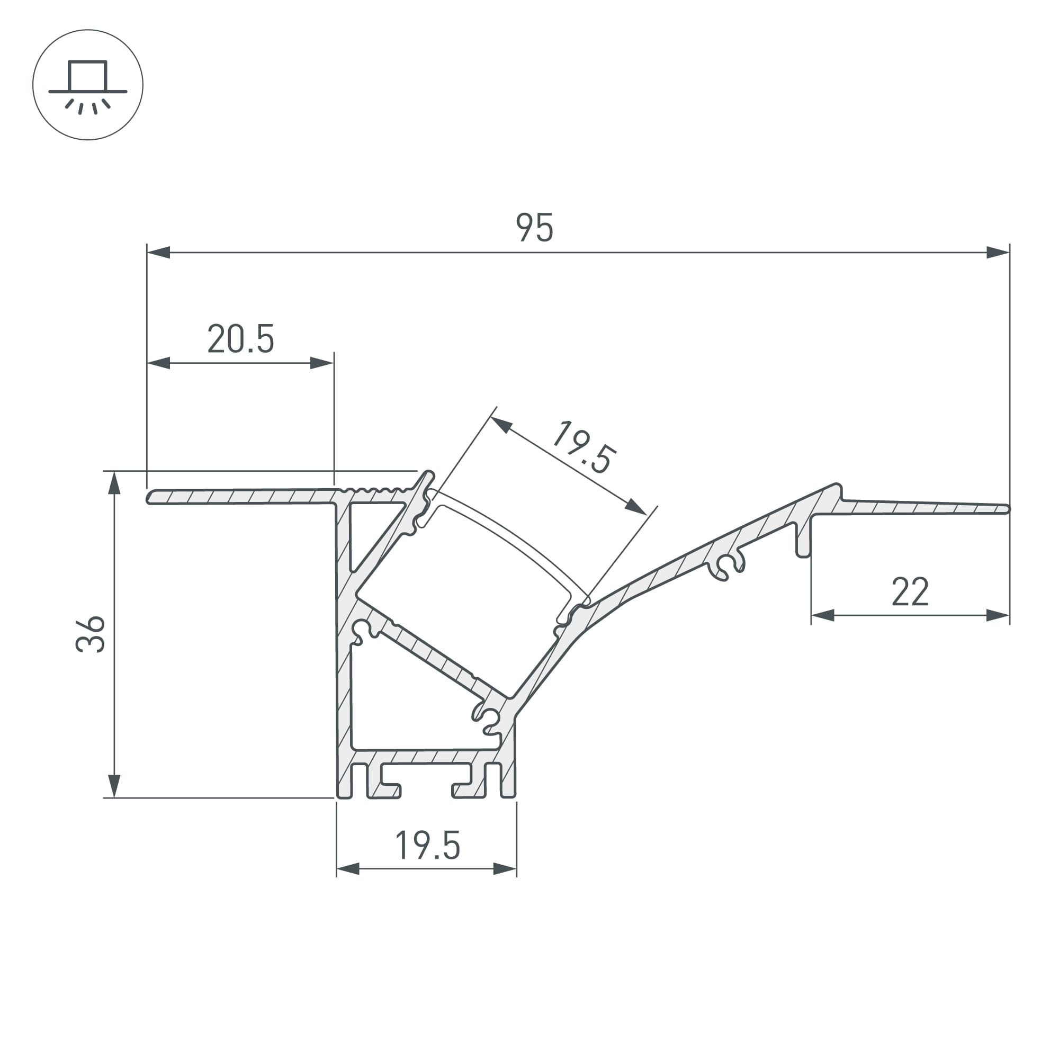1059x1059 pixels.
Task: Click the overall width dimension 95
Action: pyautogui.click(x=534, y=228)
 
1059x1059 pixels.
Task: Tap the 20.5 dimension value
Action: pyautogui.click(x=240, y=339)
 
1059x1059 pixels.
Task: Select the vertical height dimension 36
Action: pyautogui.click(x=91, y=634)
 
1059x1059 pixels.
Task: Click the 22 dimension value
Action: pyautogui.click(x=910, y=592)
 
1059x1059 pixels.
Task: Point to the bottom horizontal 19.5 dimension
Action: pyautogui.click(x=427, y=845)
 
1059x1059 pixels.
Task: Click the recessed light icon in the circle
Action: pyautogui.click(x=88, y=85)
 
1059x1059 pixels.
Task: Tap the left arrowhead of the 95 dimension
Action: pyautogui.click(x=158, y=253)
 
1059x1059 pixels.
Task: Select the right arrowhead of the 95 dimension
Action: pyautogui.click(x=998, y=253)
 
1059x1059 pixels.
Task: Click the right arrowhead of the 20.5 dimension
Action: pyautogui.click(x=322, y=363)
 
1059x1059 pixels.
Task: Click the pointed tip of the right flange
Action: pyautogui.click(x=1007, y=509)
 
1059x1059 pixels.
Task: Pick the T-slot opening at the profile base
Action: pyautogui.click(x=426, y=789)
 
